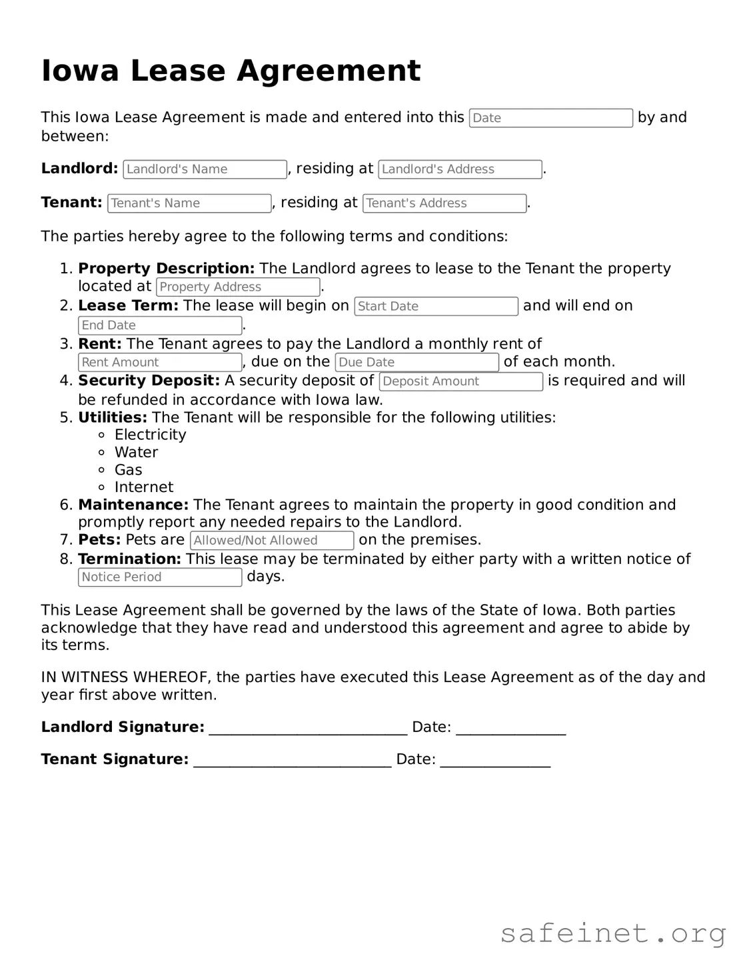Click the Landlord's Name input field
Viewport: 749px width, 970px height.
205,169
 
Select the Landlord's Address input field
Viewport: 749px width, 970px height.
460,169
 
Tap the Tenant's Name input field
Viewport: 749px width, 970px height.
189,203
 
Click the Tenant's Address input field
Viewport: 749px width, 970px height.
444,203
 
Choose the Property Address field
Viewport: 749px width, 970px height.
238,287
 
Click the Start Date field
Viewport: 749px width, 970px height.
436,307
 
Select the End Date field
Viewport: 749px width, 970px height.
160,325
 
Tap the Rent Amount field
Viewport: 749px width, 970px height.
160,363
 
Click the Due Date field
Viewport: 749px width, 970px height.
416,363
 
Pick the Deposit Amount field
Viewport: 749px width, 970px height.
461,381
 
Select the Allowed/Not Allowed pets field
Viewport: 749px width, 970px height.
272,541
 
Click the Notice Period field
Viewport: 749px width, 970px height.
160,577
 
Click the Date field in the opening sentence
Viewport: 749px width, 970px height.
550,118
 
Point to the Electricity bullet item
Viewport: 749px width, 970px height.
150,435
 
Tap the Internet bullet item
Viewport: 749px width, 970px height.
143,487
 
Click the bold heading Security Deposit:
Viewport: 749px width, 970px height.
149,381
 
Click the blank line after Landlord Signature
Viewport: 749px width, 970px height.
308,728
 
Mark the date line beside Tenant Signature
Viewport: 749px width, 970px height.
495,760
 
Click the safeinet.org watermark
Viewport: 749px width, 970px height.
613,933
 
